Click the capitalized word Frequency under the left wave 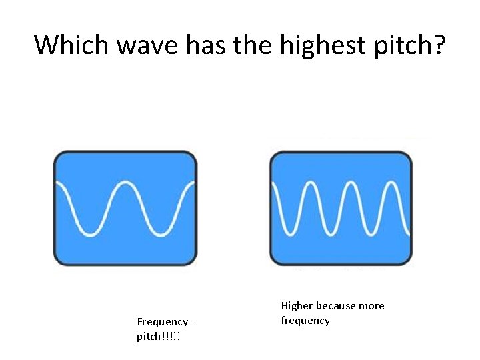click(162, 322)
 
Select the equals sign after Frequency click(193, 322)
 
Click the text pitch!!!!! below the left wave click(159, 337)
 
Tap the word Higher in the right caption click(297, 306)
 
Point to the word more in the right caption click(372, 306)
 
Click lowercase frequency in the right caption click(305, 321)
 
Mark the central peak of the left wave click(125, 181)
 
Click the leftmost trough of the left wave click(87, 234)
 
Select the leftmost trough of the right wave click(291, 234)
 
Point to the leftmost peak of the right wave click(311, 181)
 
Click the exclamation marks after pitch click(171, 337)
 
